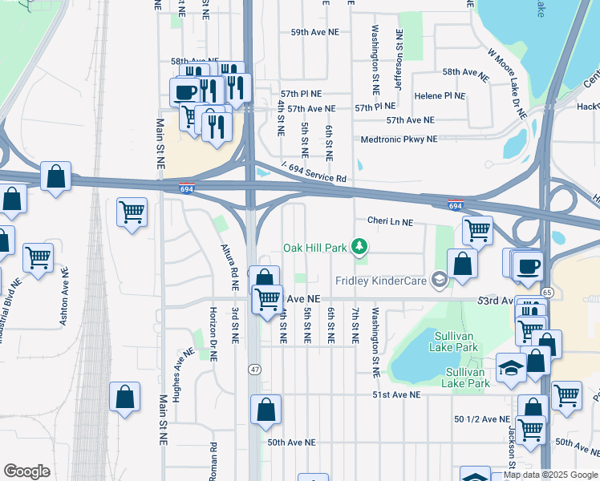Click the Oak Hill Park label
click(x=314, y=247)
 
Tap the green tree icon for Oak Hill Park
click(x=361, y=246)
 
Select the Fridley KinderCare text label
click(x=381, y=280)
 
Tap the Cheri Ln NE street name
click(x=390, y=221)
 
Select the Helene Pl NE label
click(x=440, y=96)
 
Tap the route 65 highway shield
click(x=546, y=293)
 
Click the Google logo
click(x=26, y=471)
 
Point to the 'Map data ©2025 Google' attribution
click(x=550, y=475)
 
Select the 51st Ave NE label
click(x=395, y=395)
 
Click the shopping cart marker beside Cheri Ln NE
click(x=477, y=230)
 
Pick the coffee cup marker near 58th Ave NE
click(x=184, y=90)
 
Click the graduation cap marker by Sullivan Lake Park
click(x=510, y=367)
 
